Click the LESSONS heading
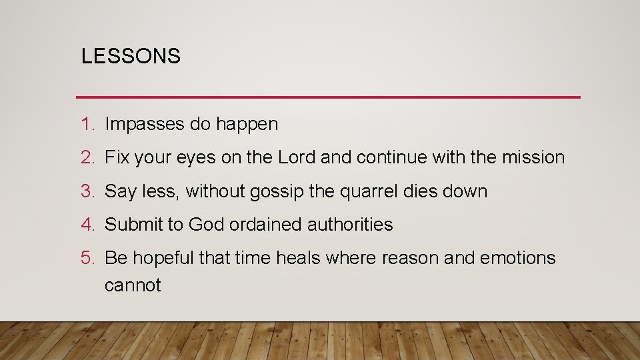pos(131,57)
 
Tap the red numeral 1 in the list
pos(85,124)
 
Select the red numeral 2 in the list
pos(85,157)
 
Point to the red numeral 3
pos(85,191)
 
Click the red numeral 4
pos(85,225)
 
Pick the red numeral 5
pos(85,258)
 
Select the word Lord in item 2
pos(297,157)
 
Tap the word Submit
pos(135,225)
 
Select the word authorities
pos(350,225)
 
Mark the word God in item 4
pos(207,225)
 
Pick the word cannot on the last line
pos(133,285)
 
